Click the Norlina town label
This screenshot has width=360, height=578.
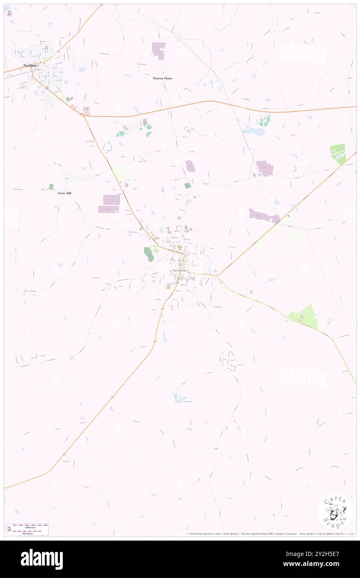(x=30, y=65)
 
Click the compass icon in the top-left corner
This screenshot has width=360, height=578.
(x=9, y=13)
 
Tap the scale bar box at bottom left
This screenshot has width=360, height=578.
(x=27, y=529)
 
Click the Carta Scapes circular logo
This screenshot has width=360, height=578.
(x=335, y=512)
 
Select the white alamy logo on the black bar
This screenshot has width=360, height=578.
(x=42, y=559)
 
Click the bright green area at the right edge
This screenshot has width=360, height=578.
(x=338, y=153)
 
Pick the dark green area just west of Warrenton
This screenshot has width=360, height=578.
(x=148, y=254)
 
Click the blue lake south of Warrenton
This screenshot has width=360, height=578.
(x=179, y=398)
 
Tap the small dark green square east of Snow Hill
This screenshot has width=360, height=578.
(x=51, y=187)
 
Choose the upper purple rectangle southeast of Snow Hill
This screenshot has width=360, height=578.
(x=111, y=200)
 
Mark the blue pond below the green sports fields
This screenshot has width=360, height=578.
(x=254, y=131)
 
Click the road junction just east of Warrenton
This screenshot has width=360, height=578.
(x=217, y=275)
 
